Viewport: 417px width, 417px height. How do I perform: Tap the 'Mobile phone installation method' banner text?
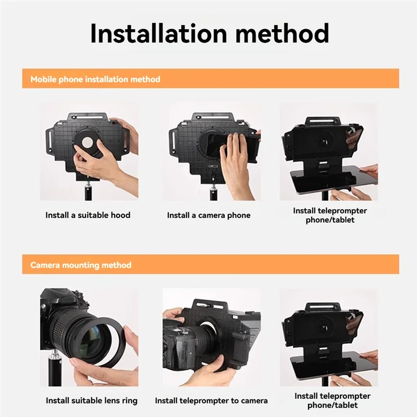tap(95, 80)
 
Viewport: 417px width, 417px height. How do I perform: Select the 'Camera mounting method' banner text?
tap(81, 265)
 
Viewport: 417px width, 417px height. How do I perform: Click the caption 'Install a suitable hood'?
tap(88, 215)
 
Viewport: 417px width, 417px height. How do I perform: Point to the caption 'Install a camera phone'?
tap(208, 215)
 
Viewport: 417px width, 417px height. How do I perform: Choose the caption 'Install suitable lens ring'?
tap(92, 401)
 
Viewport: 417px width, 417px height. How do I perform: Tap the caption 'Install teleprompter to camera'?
tap(211, 401)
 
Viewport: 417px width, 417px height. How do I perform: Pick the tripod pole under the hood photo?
tap(88, 191)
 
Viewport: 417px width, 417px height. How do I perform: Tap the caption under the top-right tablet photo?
tap(330, 215)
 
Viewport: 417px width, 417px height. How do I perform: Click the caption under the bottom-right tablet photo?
tap(332, 400)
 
